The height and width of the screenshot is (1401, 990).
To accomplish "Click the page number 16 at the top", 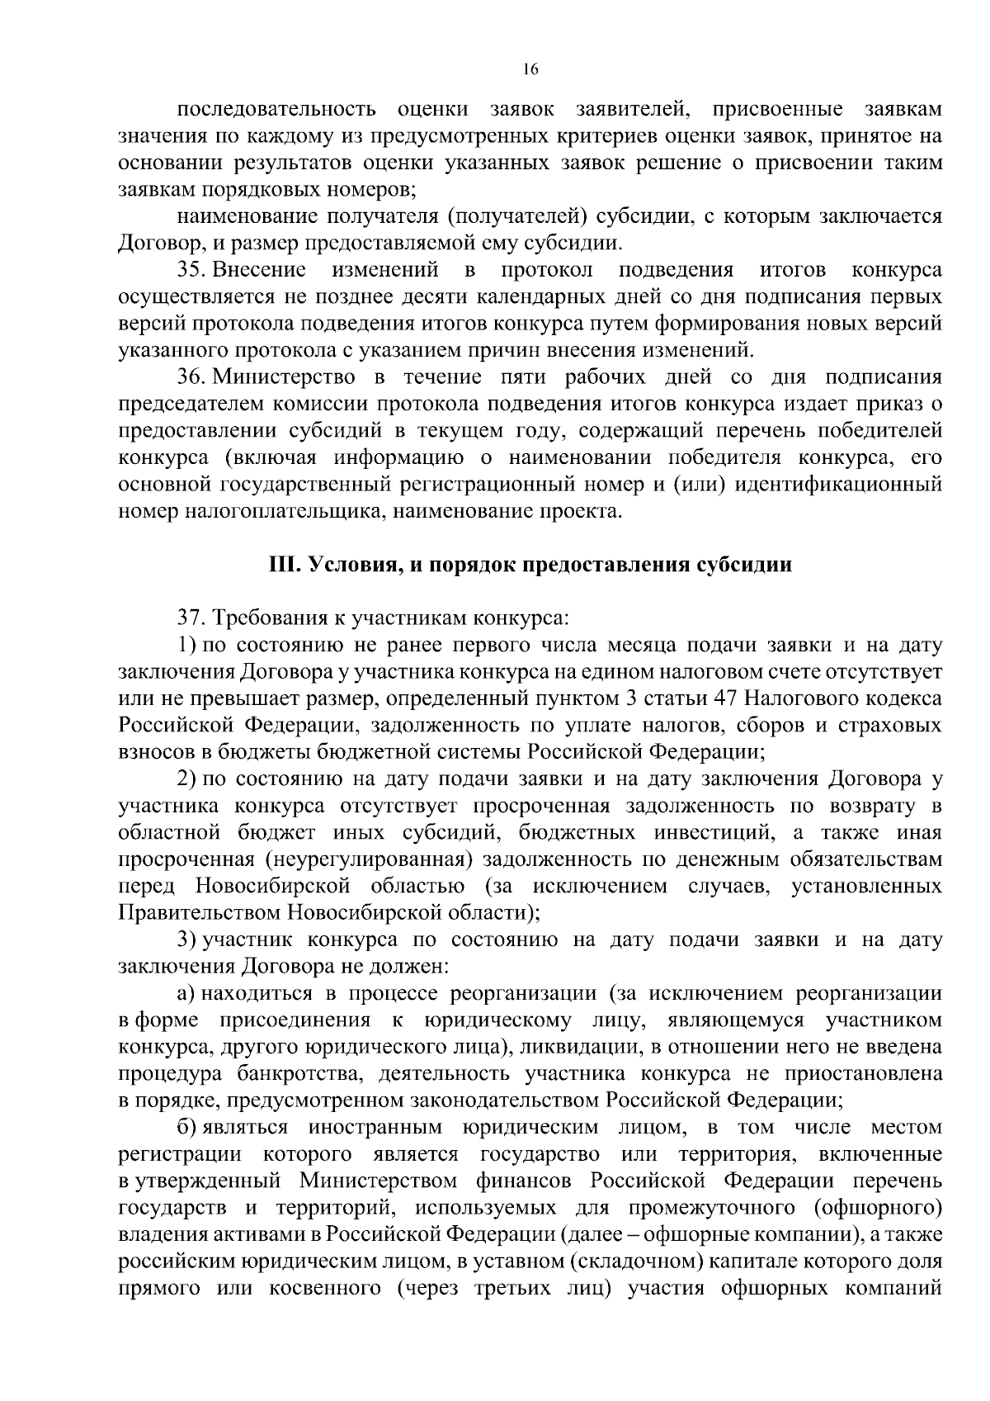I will click(x=530, y=70).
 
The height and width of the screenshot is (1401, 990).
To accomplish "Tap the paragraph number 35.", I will click(x=190, y=270).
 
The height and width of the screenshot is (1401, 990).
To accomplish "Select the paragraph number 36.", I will click(x=190, y=377).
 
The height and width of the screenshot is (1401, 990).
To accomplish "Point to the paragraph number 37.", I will click(x=190, y=618).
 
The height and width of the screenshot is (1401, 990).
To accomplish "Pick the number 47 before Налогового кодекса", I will click(x=729, y=698).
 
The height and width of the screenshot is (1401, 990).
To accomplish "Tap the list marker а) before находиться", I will click(x=186, y=993).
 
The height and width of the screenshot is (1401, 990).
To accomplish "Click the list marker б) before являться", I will click(x=186, y=1128).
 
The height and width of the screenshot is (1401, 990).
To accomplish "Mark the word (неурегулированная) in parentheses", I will click(x=369, y=859).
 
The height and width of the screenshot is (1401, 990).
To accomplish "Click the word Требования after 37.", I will click(x=275, y=618).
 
